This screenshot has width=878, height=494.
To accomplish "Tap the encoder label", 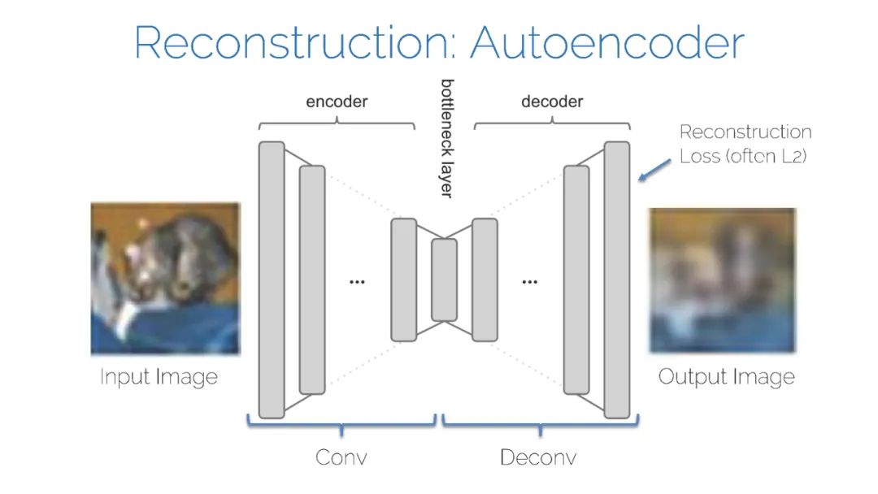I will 337,102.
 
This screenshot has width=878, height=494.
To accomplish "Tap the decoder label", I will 552,102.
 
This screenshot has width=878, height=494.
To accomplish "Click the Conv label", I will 341,457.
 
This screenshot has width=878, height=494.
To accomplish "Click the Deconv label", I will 538,457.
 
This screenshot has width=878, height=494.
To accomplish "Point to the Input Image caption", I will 159,377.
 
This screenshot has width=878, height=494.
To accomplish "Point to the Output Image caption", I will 726,377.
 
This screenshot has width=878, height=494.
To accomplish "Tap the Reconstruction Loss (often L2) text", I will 745,144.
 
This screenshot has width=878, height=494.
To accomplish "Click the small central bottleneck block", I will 444,279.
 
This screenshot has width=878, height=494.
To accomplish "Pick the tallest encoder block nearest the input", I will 272,279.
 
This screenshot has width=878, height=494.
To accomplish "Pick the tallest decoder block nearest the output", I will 617,279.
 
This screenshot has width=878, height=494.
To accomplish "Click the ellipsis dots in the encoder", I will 357,282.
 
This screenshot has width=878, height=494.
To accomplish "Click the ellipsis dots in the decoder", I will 530,282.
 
